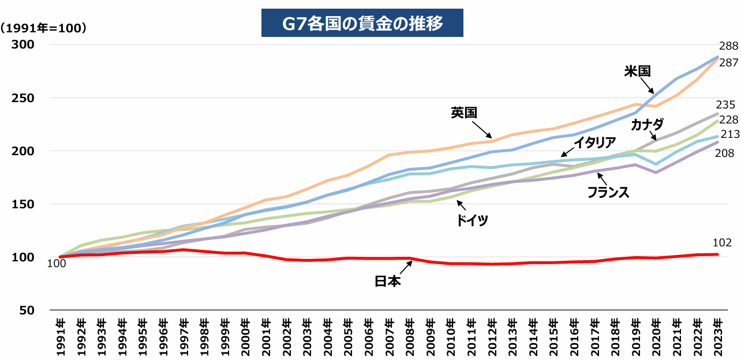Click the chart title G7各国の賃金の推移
click(362, 24)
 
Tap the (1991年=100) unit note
click(44, 28)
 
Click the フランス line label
click(608, 192)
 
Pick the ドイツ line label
click(472, 220)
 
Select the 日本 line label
click(387, 281)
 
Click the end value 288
click(728, 47)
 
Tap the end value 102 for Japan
click(723, 243)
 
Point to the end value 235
click(725, 104)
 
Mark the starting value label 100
click(57, 264)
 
